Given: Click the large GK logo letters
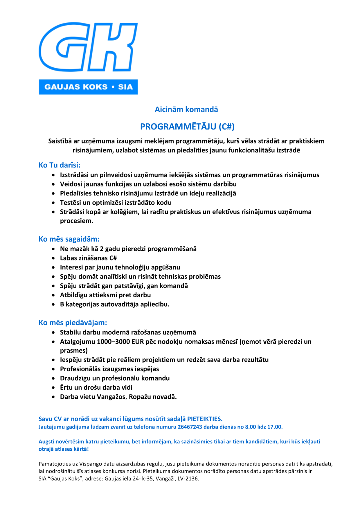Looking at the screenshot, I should (x=88, y=47).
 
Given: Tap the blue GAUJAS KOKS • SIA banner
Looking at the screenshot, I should (x=88, y=87).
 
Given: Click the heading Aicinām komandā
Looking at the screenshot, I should (x=186, y=109).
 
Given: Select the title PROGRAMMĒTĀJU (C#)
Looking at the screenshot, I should (x=187, y=127).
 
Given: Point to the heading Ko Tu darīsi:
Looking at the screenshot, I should (x=60, y=165).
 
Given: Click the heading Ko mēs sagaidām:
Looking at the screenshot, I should (x=69, y=239).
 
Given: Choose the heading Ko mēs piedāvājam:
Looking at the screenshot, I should (x=73, y=323).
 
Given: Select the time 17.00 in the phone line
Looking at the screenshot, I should (x=275, y=427).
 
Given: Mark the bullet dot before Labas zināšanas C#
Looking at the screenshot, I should (x=53, y=258).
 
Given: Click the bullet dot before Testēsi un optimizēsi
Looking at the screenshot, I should (x=53, y=203).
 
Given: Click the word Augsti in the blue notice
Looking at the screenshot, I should (x=47, y=442).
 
